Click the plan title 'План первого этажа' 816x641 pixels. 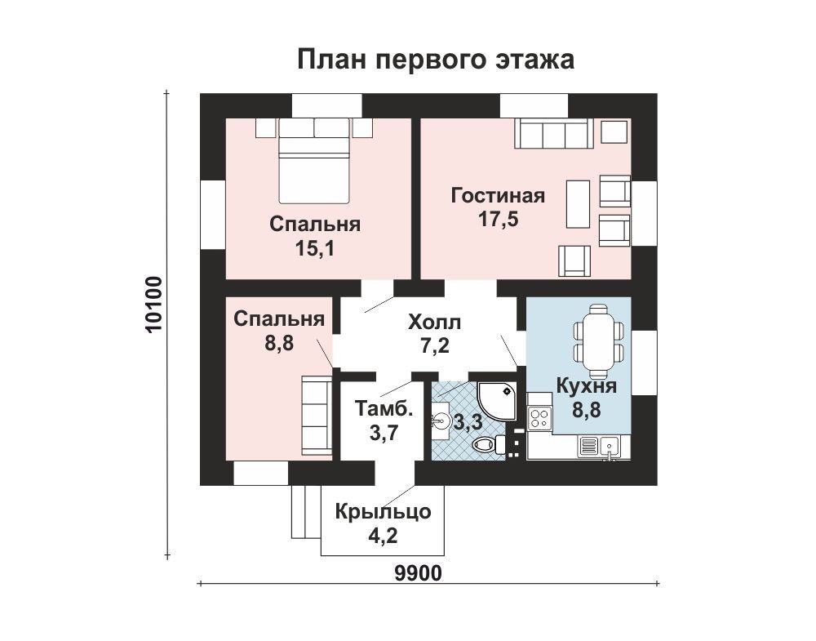(x=436, y=60)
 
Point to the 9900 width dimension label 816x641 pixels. (x=418, y=573)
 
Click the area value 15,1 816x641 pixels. (x=314, y=249)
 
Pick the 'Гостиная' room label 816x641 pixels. (x=498, y=196)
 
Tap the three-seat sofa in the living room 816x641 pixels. (x=554, y=133)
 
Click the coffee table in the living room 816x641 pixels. (x=579, y=203)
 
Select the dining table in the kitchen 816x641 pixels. (x=598, y=341)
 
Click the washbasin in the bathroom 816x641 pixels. (x=441, y=419)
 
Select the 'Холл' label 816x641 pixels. (x=435, y=323)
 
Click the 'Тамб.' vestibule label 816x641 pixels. (x=384, y=408)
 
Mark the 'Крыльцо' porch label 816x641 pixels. (x=383, y=512)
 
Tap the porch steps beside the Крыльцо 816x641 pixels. (x=306, y=512)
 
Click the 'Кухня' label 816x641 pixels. (x=587, y=386)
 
